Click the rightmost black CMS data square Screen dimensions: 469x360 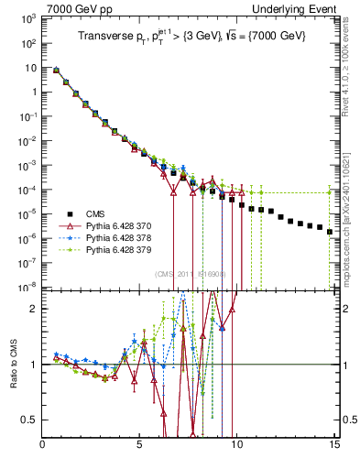[x=330, y=232]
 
